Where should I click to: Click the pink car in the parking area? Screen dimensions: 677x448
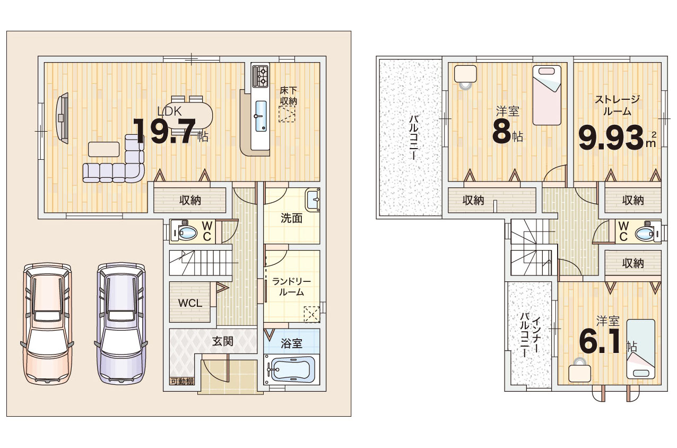[47, 324]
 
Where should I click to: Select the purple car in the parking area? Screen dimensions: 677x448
[121, 324]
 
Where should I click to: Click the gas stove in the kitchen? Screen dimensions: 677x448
[260, 75]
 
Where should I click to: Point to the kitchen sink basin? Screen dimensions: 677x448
[261, 116]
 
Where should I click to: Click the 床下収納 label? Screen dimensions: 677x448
[288, 96]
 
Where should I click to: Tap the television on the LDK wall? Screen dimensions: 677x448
[62, 118]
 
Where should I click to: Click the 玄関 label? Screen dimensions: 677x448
[222, 341]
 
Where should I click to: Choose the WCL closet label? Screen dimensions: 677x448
[190, 303]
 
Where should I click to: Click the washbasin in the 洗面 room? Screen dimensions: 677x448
[312, 200]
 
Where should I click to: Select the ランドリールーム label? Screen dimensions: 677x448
[291, 287]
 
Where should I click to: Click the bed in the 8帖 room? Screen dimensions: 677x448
[546, 95]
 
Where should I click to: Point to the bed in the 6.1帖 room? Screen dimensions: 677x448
[641, 349]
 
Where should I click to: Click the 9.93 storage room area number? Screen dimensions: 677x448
[611, 138]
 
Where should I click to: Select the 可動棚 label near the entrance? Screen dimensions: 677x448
[182, 382]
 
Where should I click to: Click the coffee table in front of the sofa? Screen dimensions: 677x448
[103, 149]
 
